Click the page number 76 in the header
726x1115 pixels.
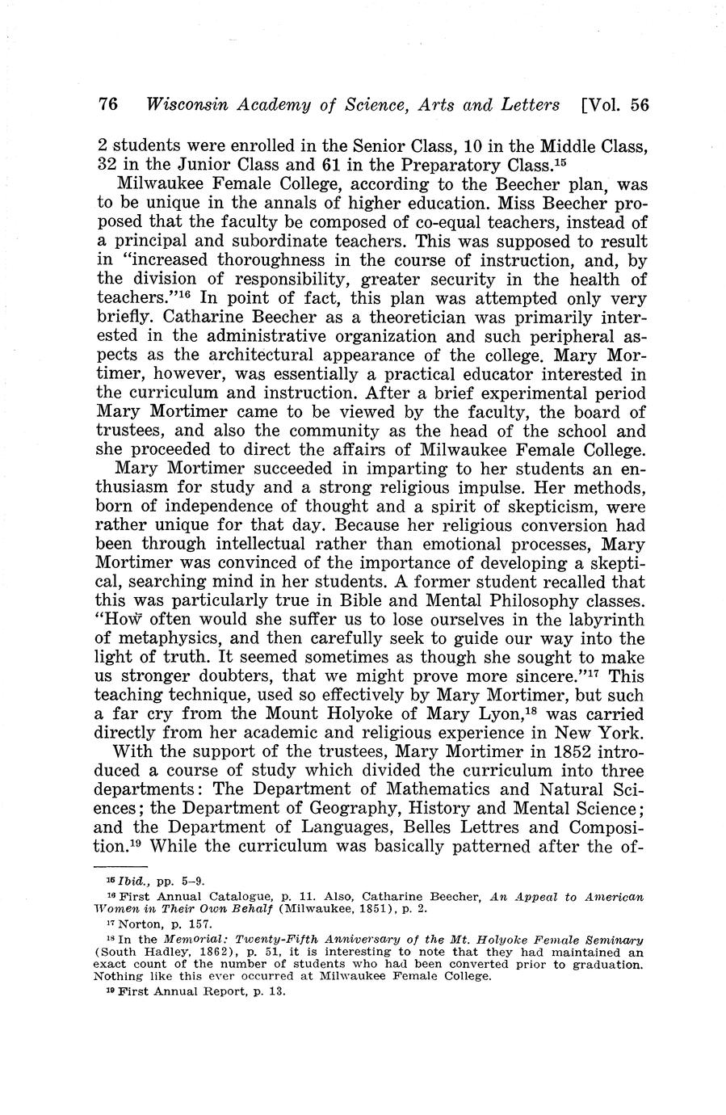point(108,105)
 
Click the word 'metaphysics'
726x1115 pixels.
point(168,640)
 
